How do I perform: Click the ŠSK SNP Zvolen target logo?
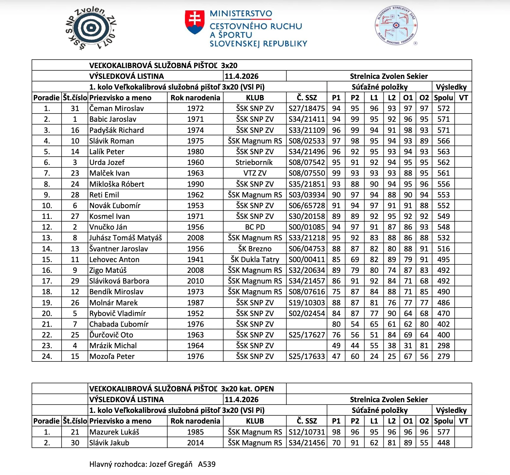click(91, 28)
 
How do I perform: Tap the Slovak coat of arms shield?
click(195, 22)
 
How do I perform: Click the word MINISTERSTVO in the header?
click(241, 14)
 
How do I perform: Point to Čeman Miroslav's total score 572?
click(443, 108)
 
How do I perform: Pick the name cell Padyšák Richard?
click(116, 130)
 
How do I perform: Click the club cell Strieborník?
click(254, 162)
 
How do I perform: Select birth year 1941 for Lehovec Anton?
click(195, 260)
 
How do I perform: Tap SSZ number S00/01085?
click(306, 227)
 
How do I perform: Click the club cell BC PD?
click(255, 227)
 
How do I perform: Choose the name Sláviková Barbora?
click(119, 281)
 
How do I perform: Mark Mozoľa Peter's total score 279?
click(443, 356)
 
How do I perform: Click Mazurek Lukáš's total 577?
click(443, 432)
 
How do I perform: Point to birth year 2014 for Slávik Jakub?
click(195, 443)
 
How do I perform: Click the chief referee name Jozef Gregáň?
click(170, 464)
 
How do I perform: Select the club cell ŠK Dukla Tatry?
click(255, 260)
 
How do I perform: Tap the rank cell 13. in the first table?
click(47, 238)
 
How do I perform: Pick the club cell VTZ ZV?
click(255, 173)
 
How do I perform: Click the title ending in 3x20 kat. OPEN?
click(181, 389)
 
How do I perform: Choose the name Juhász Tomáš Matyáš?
click(125, 238)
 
